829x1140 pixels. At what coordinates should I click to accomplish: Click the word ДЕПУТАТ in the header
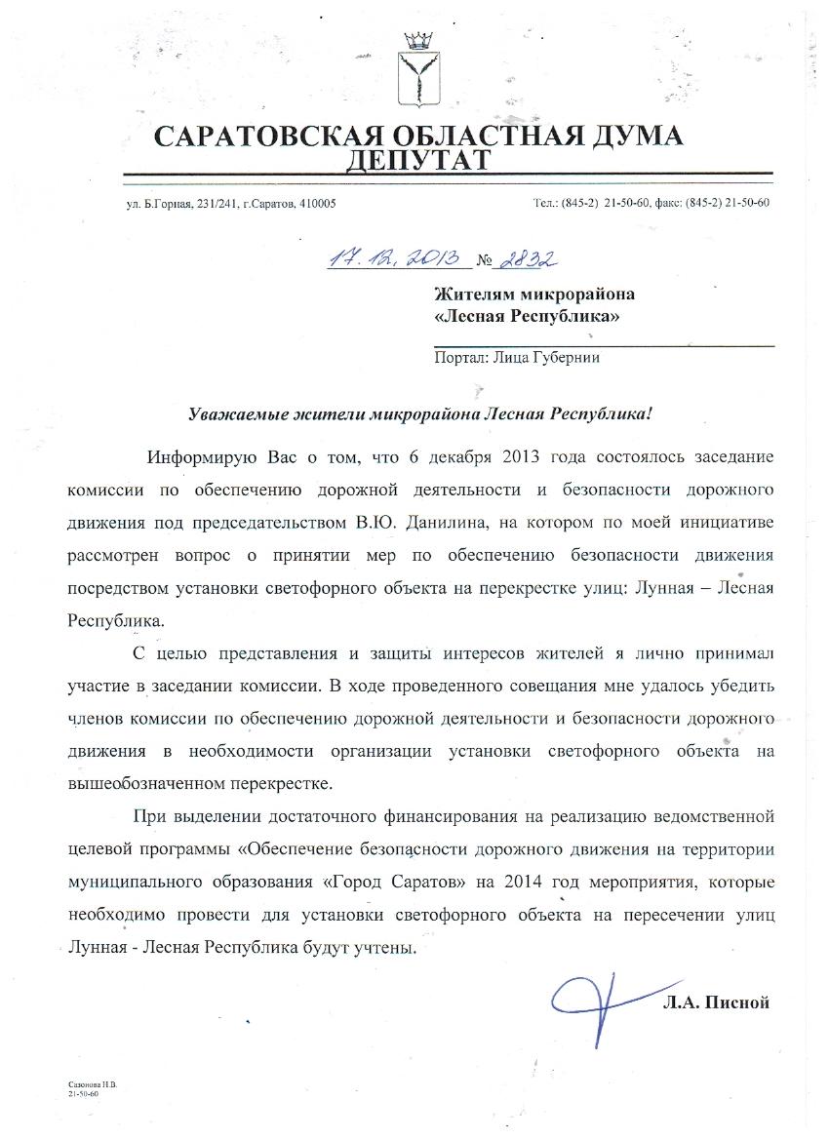point(414,159)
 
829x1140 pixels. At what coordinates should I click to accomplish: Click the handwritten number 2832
point(527,258)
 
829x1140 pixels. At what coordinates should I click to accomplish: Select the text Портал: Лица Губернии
point(516,357)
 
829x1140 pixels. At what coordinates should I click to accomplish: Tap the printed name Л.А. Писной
point(716,1002)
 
